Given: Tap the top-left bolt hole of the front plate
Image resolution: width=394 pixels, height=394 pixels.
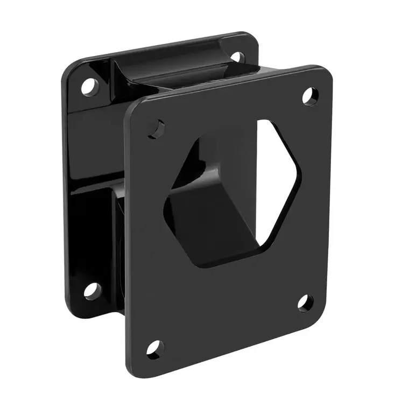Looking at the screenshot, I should coord(156,129).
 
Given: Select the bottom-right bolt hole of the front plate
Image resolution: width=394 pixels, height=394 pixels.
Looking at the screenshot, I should coord(305,302).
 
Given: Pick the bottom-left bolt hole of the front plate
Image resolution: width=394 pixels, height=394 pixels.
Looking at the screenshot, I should coord(156,349).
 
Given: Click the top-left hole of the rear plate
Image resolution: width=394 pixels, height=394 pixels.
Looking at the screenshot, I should coord(90,86).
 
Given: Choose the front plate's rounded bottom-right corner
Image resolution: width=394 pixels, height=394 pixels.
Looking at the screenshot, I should coord(323,318).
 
